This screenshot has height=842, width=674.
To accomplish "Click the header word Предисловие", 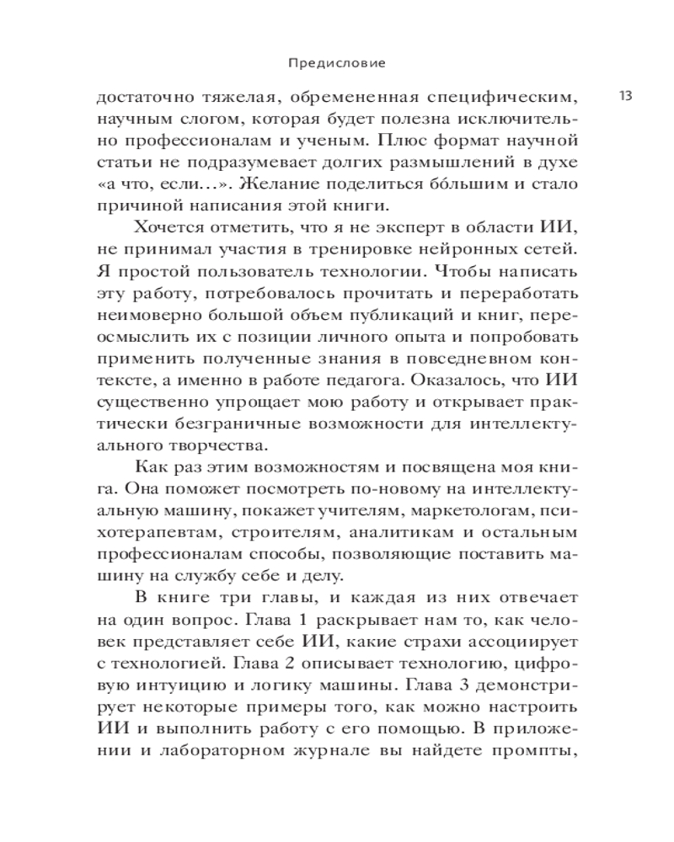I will click(x=337, y=62).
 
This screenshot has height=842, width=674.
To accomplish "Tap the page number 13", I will click(x=624, y=95).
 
